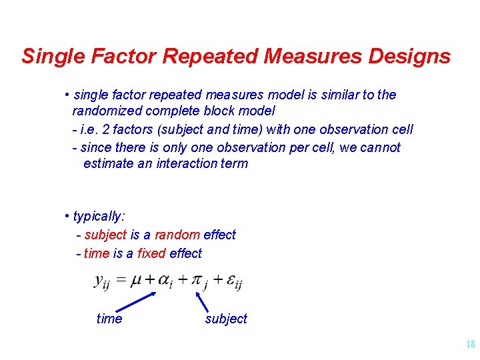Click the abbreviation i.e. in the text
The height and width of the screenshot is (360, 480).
point(89,129)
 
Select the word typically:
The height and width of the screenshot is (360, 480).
point(99,216)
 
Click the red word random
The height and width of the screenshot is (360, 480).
point(177,235)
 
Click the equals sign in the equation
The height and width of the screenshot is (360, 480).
point(121,281)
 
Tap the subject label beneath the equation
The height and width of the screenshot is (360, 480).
point(226,319)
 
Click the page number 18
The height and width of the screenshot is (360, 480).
point(470,345)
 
